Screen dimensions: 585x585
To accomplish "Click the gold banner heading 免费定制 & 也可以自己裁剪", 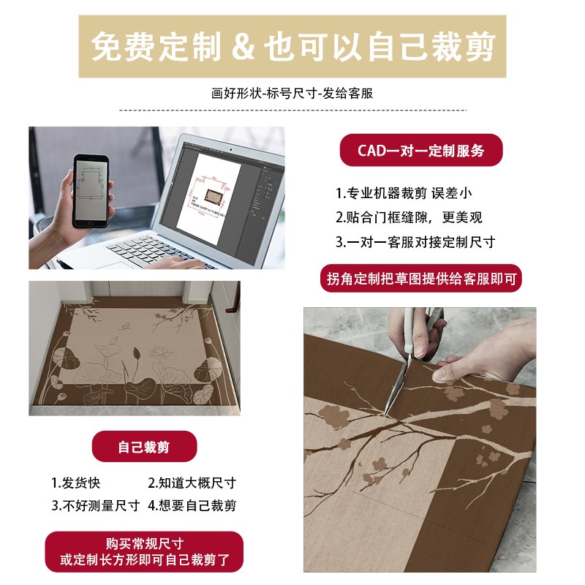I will [x=292, y=47].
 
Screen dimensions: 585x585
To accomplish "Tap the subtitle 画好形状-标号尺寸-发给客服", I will [x=292, y=94].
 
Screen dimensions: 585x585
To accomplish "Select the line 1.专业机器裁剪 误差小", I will [x=404, y=194].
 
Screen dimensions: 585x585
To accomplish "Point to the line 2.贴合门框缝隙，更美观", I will [x=409, y=217].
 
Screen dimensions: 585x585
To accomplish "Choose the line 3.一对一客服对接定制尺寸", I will [x=415, y=241].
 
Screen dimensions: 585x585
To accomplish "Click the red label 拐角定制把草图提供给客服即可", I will [x=422, y=278].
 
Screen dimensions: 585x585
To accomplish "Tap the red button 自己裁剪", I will [x=144, y=446].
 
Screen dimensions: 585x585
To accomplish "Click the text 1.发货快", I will [x=77, y=483].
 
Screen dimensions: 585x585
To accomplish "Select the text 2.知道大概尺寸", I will [x=192, y=483].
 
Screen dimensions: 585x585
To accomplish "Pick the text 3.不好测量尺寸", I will [x=95, y=505].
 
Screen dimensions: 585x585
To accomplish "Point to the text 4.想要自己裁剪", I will [x=192, y=505].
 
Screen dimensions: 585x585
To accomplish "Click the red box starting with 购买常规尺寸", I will [x=144, y=552].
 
